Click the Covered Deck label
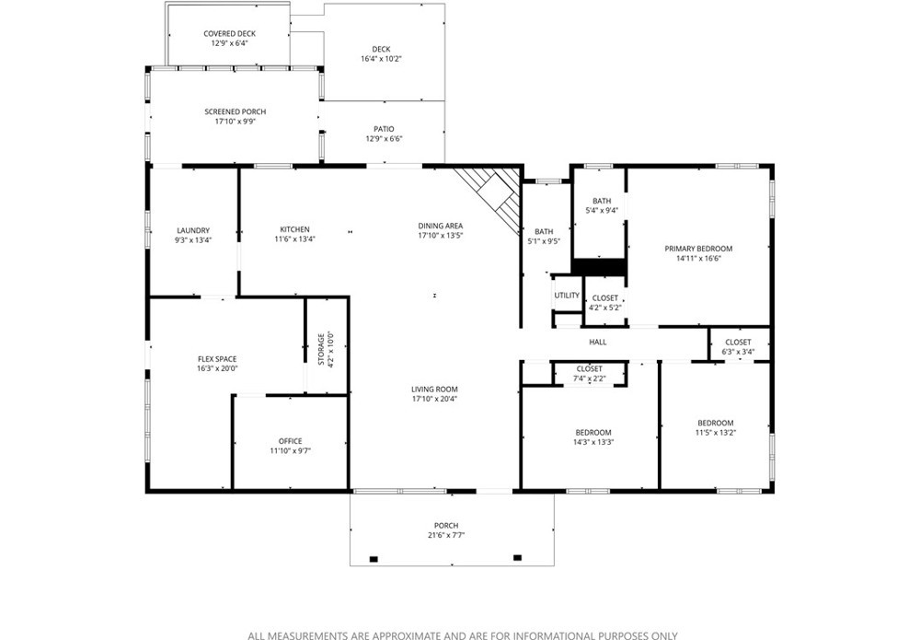click(x=229, y=34)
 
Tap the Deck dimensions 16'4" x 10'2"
click(x=381, y=59)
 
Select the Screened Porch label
click(x=235, y=111)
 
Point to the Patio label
click(x=384, y=129)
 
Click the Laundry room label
click(x=193, y=231)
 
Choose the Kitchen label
click(x=294, y=229)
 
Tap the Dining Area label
click(x=440, y=226)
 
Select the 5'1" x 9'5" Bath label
click(x=544, y=232)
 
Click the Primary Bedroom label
click(x=698, y=249)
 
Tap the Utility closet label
click(x=567, y=296)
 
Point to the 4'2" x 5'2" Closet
click(x=605, y=302)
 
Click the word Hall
click(x=598, y=343)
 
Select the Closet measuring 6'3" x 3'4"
click(x=738, y=347)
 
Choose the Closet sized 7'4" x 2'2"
click(x=589, y=374)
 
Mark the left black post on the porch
click(x=374, y=559)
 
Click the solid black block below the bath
click(x=599, y=266)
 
